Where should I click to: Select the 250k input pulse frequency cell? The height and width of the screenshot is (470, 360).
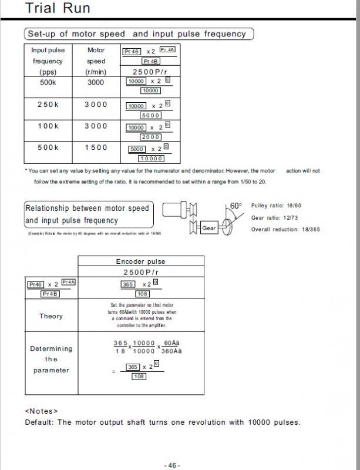(48, 104)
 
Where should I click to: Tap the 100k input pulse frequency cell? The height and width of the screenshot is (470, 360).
(48, 126)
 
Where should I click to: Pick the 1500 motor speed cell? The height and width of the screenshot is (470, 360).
(96, 147)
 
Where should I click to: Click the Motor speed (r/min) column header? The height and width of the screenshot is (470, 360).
(96, 61)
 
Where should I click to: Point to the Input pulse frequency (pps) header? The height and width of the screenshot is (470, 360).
(48, 61)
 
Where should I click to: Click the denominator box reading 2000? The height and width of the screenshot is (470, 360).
(151, 137)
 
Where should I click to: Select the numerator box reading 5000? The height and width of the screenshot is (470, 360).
(137, 149)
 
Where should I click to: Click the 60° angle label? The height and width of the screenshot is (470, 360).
(235, 206)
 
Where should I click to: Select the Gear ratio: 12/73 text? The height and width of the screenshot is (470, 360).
(275, 217)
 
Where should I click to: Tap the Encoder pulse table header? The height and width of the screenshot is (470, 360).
(140, 261)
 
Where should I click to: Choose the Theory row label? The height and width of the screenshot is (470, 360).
(51, 316)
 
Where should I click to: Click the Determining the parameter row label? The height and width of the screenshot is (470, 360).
(51, 359)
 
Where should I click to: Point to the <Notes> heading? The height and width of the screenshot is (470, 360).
(41, 411)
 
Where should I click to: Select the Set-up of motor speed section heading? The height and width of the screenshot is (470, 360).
(137, 33)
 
